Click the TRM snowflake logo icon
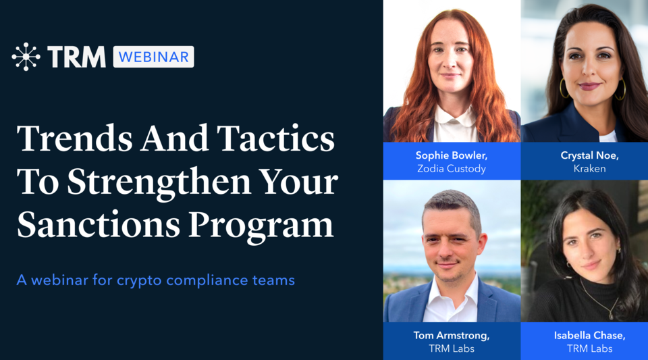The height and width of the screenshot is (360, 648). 26,57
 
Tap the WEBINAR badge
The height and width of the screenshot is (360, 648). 153,57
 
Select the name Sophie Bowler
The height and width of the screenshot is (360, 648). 451,155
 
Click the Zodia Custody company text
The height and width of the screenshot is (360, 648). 451,169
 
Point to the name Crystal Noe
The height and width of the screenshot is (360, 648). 589,155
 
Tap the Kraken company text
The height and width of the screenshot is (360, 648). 589,169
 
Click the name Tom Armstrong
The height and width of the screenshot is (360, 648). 451,335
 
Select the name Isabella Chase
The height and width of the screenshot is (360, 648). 589,335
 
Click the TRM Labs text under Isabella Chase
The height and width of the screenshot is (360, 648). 589,349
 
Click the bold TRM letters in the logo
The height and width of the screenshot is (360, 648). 77,57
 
